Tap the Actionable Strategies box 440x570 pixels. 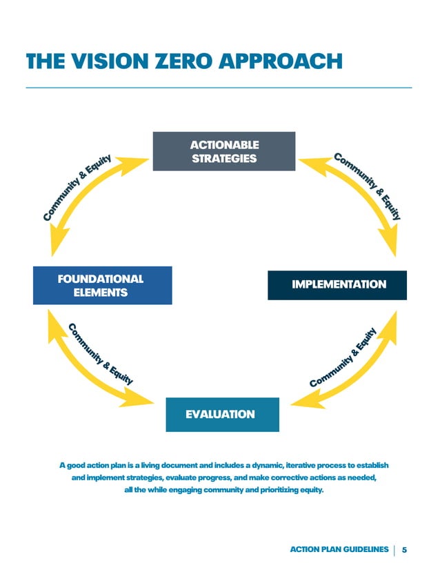(x=223, y=151)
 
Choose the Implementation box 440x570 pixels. (x=338, y=284)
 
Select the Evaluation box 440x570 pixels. (x=222, y=414)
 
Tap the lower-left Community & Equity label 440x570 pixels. (x=100, y=353)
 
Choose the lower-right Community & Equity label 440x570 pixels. (x=343, y=357)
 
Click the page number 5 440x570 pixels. (x=404, y=549)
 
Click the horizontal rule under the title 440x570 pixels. (x=219, y=88)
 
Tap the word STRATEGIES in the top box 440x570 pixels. (x=223, y=159)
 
